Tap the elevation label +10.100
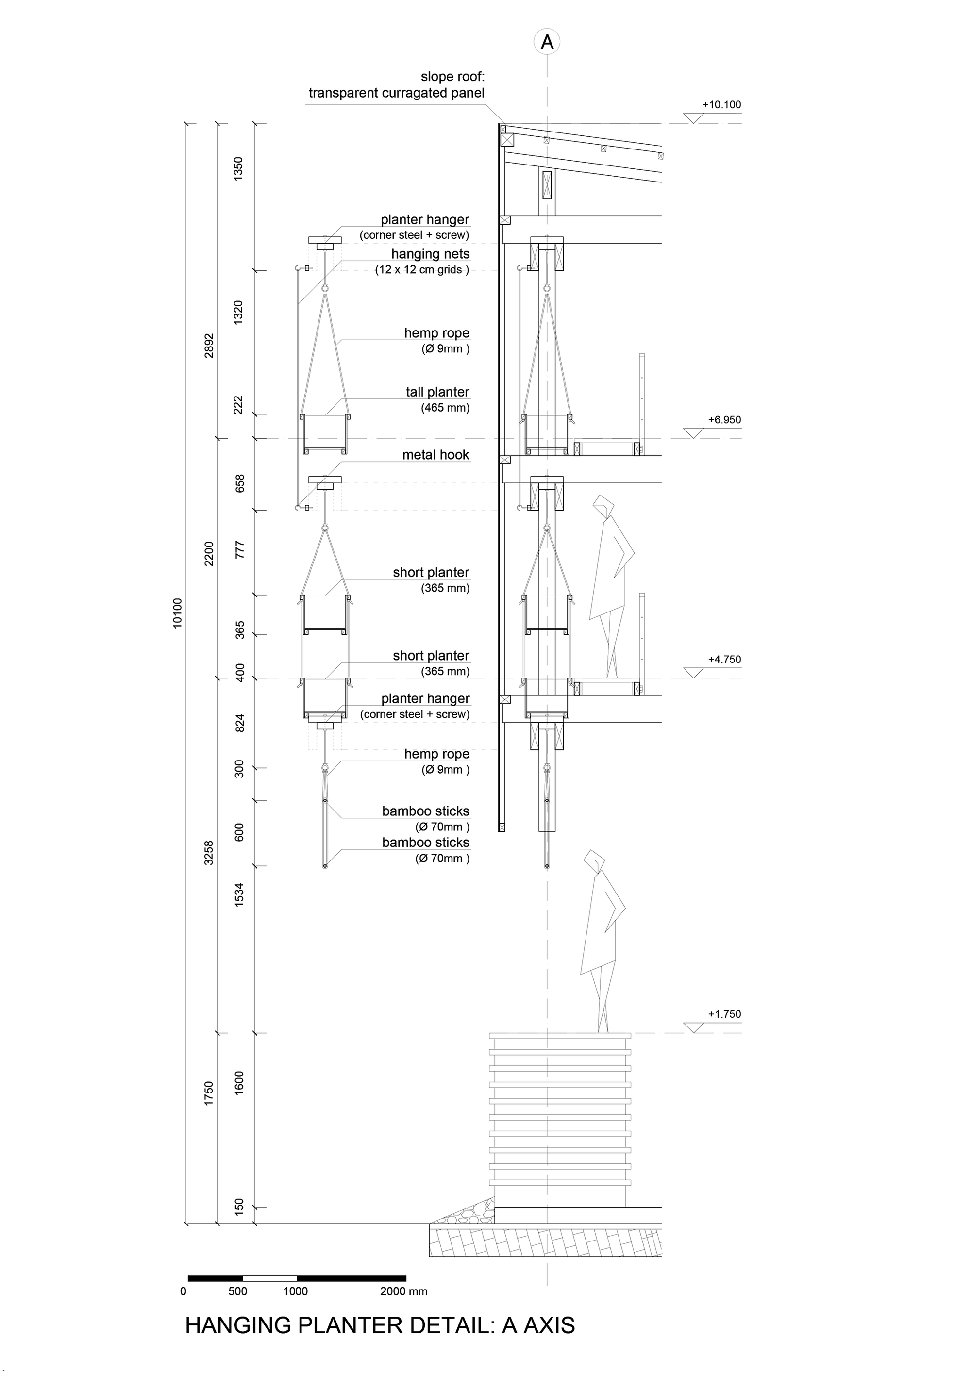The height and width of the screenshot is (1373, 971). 721,105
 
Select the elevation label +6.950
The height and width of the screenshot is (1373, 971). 724,420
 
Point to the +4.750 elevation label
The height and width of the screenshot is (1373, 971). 724,660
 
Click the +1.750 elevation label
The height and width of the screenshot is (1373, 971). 724,1014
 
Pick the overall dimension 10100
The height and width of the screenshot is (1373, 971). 178,612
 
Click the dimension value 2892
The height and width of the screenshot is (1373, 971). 209,346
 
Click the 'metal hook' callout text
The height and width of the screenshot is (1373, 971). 435,455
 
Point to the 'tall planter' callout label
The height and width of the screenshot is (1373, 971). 437,392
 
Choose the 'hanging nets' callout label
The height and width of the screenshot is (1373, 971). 430,254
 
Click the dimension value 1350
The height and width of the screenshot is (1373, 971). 239,169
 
